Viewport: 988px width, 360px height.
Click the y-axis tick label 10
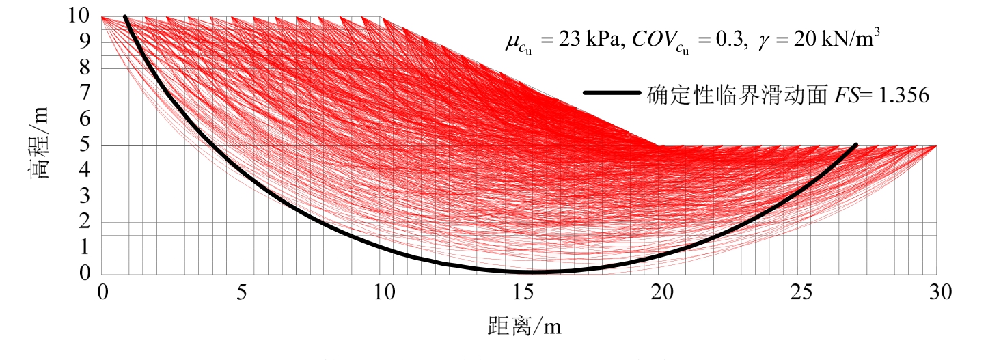81,16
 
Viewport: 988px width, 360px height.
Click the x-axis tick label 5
241,293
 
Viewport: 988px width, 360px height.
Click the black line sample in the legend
612,94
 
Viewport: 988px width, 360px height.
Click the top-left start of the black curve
125,17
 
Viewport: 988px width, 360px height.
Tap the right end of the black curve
855,146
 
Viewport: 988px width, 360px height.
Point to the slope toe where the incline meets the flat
659,146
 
